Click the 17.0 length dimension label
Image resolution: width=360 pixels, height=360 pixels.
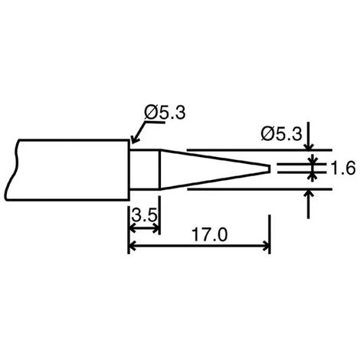[x=209, y=234]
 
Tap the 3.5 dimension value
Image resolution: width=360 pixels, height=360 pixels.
[x=144, y=215]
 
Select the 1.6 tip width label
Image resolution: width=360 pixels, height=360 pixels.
[x=343, y=168]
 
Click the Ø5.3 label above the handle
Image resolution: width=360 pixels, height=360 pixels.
[x=165, y=113]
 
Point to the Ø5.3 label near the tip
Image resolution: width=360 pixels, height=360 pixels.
[x=281, y=134]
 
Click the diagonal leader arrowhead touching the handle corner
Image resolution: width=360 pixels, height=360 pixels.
[x=134, y=140]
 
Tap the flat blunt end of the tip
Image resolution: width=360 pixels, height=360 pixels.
[x=270, y=169]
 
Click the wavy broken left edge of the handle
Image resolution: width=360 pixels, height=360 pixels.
[x=11, y=169]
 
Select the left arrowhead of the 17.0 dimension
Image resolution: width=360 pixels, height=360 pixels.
[x=131, y=246]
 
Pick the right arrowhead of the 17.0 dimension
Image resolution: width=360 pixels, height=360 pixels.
[x=267, y=246]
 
